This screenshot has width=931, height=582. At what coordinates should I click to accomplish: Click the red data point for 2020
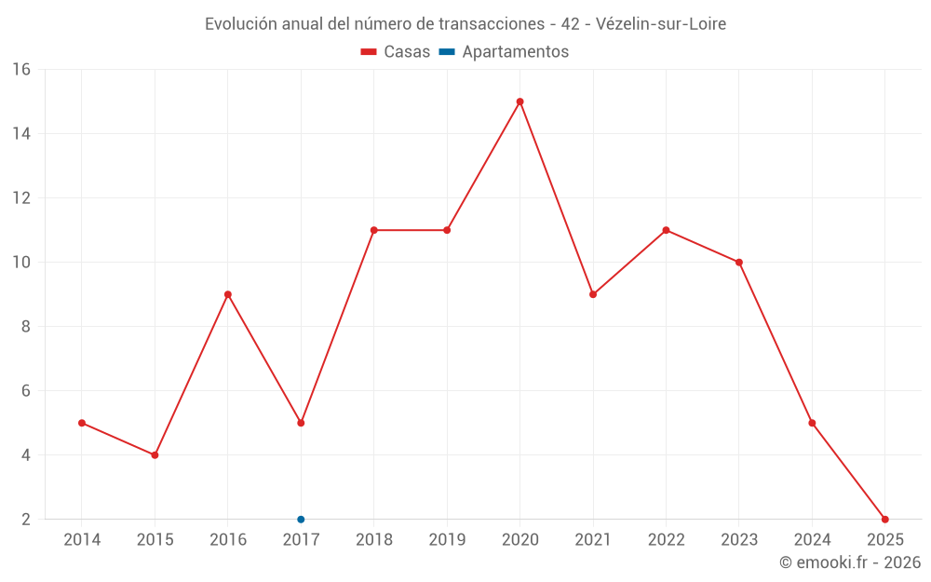pyautogui.click(x=519, y=102)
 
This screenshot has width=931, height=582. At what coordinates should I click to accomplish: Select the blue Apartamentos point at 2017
pyautogui.click(x=301, y=520)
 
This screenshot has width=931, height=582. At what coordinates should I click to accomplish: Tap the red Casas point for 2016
pyautogui.click(x=228, y=294)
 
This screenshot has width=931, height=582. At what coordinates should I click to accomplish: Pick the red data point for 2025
pyautogui.click(x=885, y=520)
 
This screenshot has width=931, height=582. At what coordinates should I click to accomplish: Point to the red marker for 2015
pyautogui.click(x=155, y=455)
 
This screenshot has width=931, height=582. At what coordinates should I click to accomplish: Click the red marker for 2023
pyautogui.click(x=739, y=263)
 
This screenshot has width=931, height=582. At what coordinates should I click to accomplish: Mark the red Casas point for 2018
pyautogui.click(x=373, y=230)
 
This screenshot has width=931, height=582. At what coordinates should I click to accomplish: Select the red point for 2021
pyautogui.click(x=593, y=294)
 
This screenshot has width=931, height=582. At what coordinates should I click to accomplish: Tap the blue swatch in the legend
pyautogui.click(x=447, y=52)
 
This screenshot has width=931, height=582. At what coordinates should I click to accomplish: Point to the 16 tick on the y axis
pyautogui.click(x=21, y=70)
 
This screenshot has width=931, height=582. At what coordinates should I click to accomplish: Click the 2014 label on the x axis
pyautogui.click(x=82, y=540)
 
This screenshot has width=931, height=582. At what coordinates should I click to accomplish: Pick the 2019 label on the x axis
pyautogui.click(x=447, y=540)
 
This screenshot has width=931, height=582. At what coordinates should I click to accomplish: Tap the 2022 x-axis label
pyautogui.click(x=666, y=540)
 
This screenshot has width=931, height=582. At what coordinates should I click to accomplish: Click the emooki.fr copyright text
pyautogui.click(x=850, y=562)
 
